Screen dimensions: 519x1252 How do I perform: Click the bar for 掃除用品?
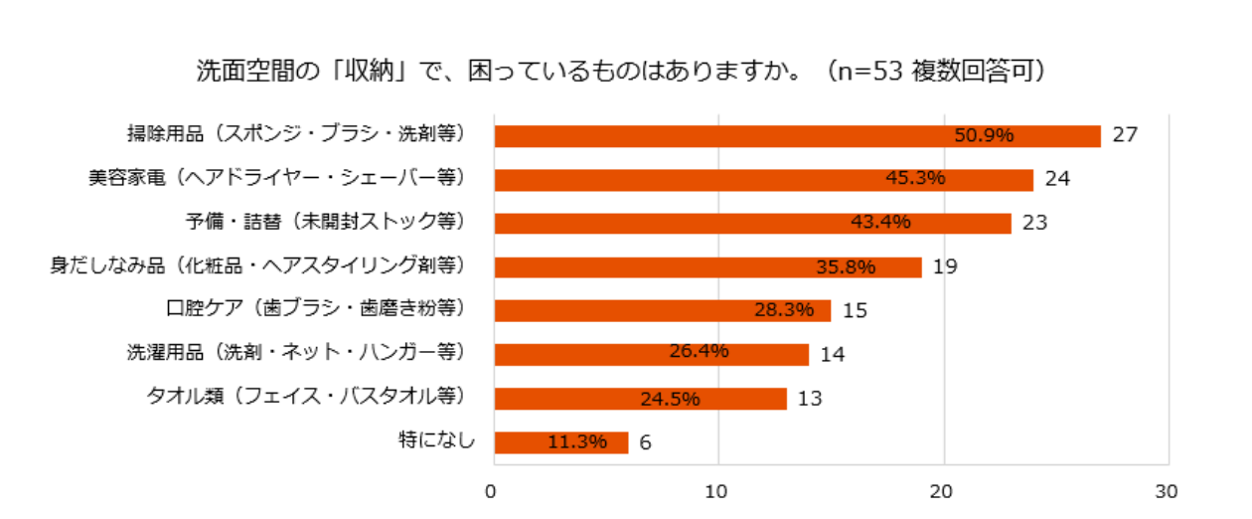[x=797, y=136]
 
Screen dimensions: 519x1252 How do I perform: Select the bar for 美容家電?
[x=763, y=180]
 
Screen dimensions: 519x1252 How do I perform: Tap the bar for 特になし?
[x=561, y=442]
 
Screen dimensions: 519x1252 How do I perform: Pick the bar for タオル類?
[x=641, y=399]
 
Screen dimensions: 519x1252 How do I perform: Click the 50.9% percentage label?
[x=984, y=136]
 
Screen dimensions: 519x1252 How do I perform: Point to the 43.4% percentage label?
[x=880, y=223]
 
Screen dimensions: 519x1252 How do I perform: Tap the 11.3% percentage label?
[x=576, y=442]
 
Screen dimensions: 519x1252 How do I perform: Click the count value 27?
[x=1124, y=135]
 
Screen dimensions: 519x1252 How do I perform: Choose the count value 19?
[x=945, y=266]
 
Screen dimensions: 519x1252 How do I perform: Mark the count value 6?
[x=645, y=442]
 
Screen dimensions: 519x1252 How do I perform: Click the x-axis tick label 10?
[x=716, y=492]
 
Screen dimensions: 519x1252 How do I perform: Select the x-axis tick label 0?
[x=491, y=492]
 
